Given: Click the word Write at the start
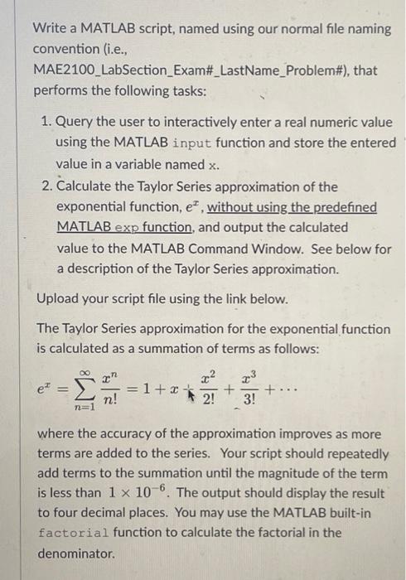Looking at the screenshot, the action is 49,28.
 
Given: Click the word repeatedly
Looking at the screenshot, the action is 354,454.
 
